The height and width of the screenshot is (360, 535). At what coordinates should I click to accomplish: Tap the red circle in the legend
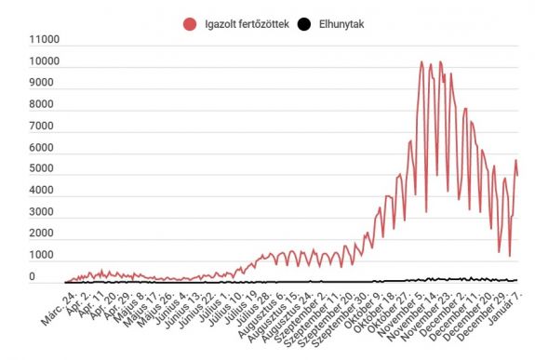click(191, 23)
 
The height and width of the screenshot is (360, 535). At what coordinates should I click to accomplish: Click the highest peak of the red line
click(421, 62)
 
